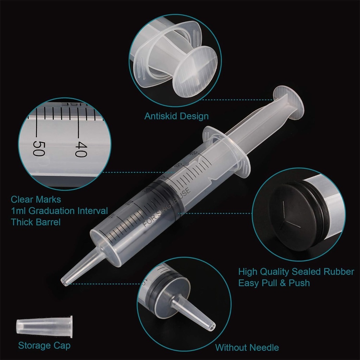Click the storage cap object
tap(44, 326)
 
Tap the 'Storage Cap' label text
tap(44, 345)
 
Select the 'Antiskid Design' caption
tap(176, 116)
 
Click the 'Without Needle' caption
tap(247, 348)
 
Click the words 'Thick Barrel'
tap(36, 222)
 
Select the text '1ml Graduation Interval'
tap(59, 211)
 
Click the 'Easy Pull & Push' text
tap(274, 283)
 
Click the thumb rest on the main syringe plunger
tap(289, 102)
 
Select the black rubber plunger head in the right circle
tap(295, 218)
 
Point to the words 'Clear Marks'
tap(36, 200)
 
